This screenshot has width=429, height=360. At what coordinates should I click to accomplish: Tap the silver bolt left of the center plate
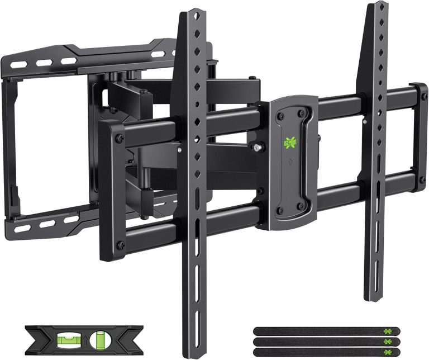258,148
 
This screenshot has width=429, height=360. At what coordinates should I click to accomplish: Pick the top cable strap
318,331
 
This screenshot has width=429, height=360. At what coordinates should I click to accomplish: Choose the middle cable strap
318,341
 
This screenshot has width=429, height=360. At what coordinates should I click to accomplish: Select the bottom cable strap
318,351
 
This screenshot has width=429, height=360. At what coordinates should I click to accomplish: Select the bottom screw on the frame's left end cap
118,246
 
